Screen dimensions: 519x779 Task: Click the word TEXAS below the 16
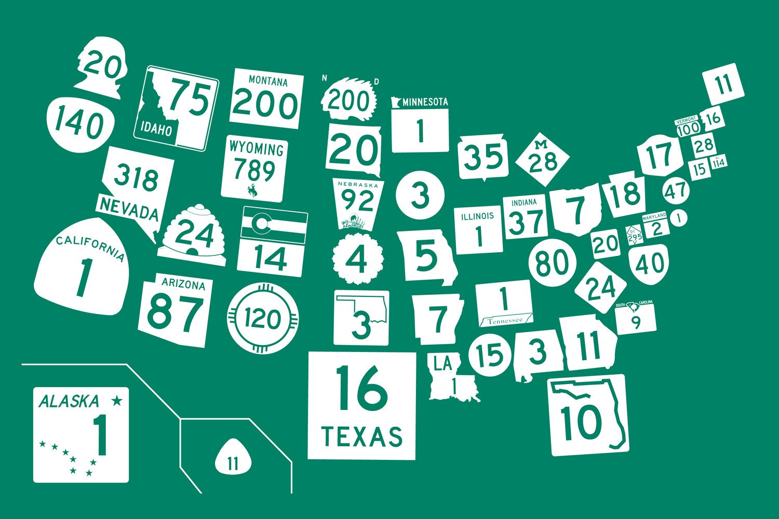click(362, 436)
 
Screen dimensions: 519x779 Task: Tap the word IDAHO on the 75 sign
click(153, 129)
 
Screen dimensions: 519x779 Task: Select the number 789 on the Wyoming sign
click(254, 169)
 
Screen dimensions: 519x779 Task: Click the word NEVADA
click(128, 210)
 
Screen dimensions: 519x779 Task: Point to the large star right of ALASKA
click(117, 400)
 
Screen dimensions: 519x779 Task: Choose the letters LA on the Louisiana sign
click(443, 364)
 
